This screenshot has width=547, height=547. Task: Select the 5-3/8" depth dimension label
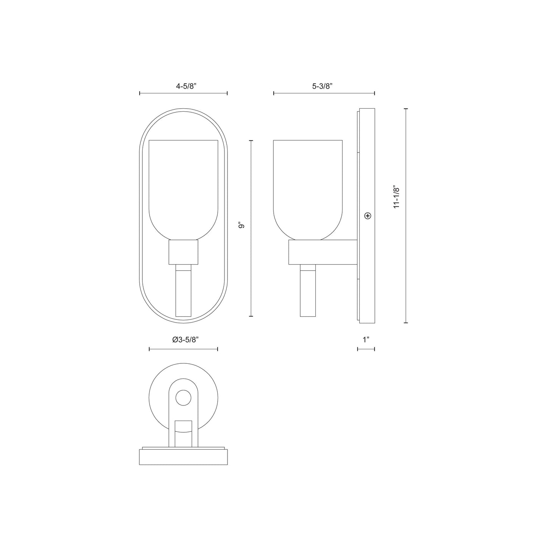[322, 86]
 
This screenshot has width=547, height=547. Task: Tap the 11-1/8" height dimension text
[396, 197]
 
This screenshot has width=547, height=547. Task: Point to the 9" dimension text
[242, 226]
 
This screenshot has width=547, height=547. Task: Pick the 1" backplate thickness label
[366, 340]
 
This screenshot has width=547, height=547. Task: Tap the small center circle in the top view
[183, 398]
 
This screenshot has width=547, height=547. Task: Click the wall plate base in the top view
[184, 457]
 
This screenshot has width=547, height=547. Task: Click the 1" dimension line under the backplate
[366, 349]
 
